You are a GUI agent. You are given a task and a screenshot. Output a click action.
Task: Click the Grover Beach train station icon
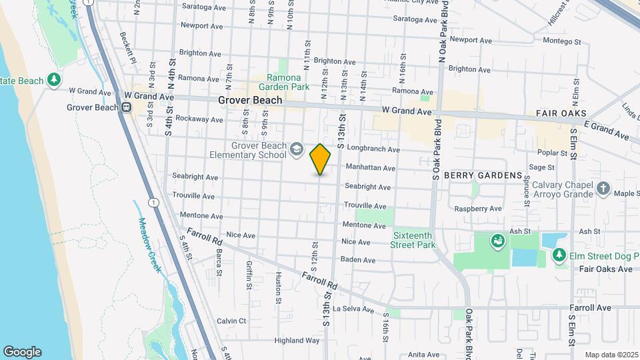(126, 107)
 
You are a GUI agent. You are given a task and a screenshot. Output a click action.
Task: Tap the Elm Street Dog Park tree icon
(559, 255)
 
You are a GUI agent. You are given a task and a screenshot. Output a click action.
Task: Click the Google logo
(22, 351)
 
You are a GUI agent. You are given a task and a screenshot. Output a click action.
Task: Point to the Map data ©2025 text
(611, 355)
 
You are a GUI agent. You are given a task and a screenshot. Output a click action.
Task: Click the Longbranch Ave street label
(373, 150)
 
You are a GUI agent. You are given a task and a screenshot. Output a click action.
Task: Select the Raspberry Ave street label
(477, 209)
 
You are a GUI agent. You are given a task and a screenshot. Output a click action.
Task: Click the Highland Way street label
(297, 340)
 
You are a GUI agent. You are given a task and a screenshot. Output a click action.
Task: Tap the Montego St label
(562, 41)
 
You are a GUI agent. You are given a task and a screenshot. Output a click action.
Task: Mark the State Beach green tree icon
(55, 81)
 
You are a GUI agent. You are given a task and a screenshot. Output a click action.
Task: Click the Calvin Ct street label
(231, 321)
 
